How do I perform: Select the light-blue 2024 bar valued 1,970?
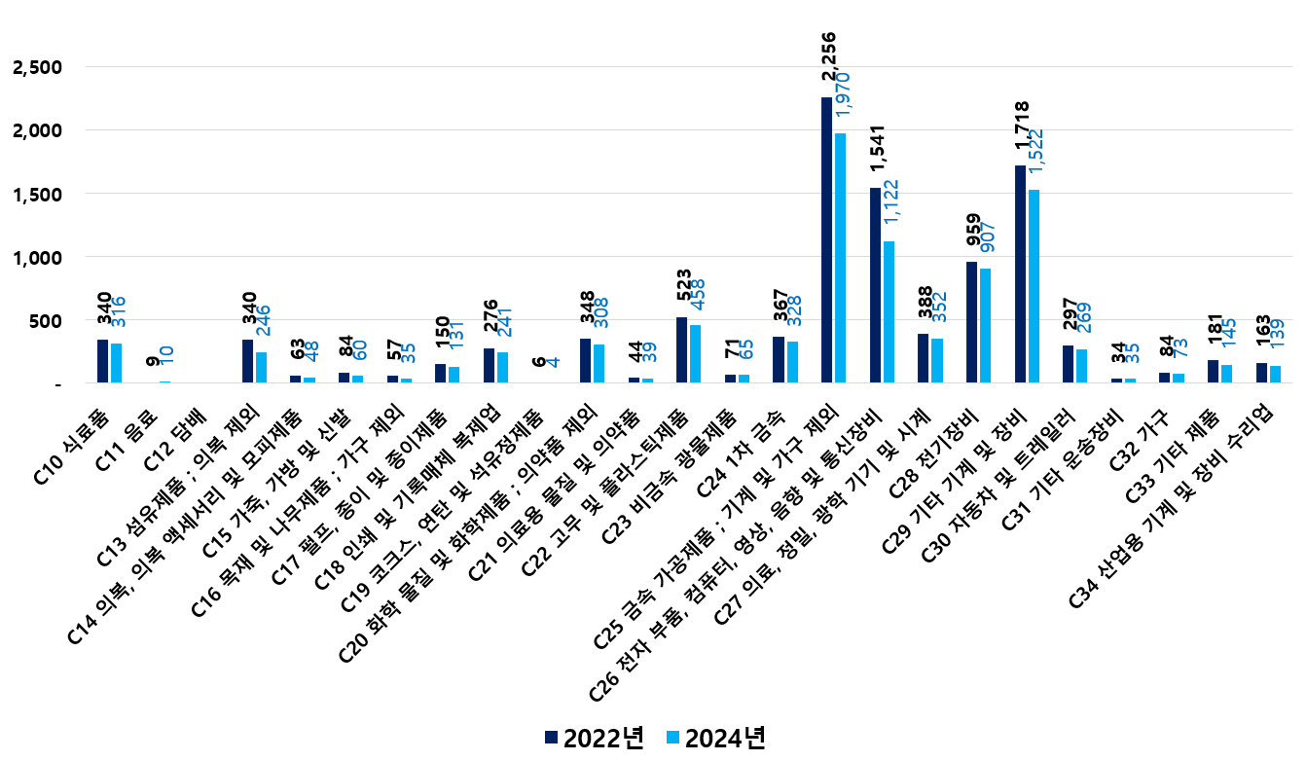(840, 258)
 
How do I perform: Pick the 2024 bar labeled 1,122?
(889, 311)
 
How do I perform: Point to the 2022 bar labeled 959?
(971, 322)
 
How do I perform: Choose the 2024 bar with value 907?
(985, 325)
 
